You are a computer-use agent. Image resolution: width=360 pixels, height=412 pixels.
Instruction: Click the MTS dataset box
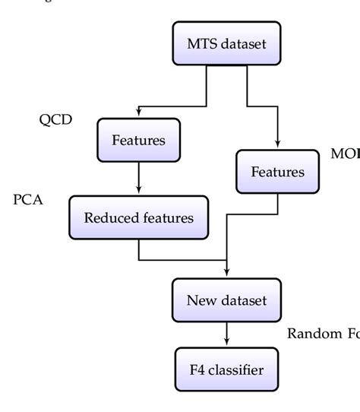click(x=226, y=43)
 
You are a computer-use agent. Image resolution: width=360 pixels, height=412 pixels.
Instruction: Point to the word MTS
click(x=201, y=43)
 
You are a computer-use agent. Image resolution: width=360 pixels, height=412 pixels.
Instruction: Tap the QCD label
click(x=55, y=119)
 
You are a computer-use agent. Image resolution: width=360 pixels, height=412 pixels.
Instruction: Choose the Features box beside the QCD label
click(x=138, y=140)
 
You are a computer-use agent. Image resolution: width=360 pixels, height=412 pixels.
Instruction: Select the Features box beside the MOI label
click(x=277, y=172)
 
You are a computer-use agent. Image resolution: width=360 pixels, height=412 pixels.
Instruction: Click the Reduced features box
click(x=138, y=218)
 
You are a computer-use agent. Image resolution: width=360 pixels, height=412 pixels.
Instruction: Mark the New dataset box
click(x=226, y=299)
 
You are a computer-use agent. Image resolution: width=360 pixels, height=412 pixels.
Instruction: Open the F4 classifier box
click(x=226, y=370)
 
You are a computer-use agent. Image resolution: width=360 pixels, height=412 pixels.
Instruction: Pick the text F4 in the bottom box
click(x=197, y=370)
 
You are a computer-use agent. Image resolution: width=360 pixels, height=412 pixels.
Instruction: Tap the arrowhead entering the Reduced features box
click(x=138, y=192)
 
